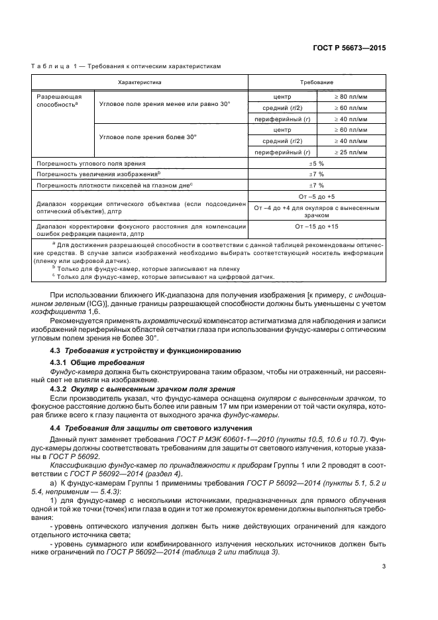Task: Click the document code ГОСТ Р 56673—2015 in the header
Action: (x=349, y=48)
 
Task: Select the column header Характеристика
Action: (x=140, y=81)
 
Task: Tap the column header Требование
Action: (x=317, y=81)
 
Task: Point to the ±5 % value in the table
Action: (x=317, y=162)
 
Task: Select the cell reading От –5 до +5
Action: (x=317, y=197)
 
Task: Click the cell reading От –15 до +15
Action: (x=317, y=227)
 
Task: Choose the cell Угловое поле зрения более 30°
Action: (x=147, y=137)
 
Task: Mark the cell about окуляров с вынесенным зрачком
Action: (x=317, y=211)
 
